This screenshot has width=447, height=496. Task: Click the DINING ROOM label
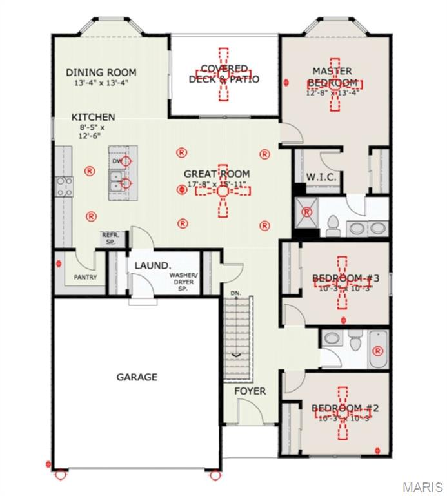click(101, 73)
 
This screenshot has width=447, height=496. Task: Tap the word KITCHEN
click(93, 118)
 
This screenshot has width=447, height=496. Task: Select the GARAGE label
click(136, 377)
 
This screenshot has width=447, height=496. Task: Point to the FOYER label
click(250, 391)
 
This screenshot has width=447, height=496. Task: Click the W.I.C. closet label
click(319, 176)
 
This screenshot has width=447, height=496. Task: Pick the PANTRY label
click(84, 278)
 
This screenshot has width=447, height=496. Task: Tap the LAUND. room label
click(152, 265)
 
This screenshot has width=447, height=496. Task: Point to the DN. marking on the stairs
click(236, 293)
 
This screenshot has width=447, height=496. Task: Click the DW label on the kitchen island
click(117, 161)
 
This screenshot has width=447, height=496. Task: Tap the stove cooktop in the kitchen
click(65, 187)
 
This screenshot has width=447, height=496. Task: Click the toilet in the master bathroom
click(333, 225)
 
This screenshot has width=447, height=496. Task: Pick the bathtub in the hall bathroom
click(378, 349)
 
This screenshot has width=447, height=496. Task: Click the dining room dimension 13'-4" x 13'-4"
click(101, 83)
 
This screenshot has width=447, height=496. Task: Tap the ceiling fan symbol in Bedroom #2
click(341, 412)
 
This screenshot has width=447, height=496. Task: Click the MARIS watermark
click(422, 486)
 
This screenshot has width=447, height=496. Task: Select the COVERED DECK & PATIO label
click(224, 74)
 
